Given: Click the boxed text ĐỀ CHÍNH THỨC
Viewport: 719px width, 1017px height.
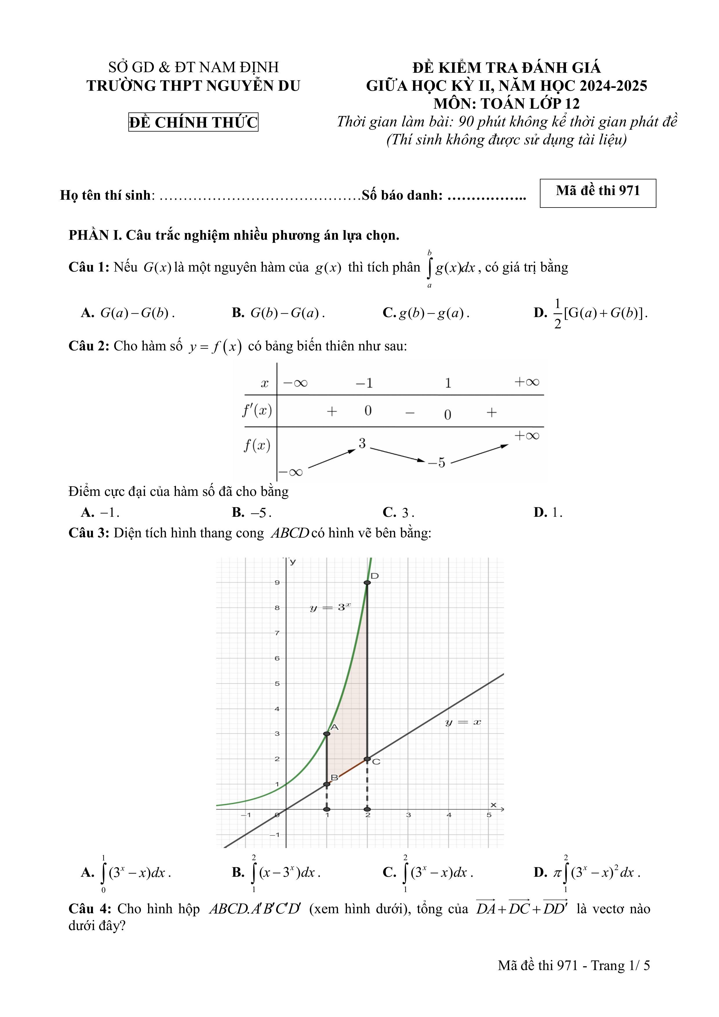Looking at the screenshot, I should coord(193,122).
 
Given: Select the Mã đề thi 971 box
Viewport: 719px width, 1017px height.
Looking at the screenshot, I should coord(598,193).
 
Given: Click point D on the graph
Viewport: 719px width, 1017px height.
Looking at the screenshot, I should coord(367,583).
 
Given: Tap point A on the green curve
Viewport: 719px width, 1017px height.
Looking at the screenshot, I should coord(327,734).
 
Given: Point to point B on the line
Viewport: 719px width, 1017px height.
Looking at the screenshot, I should coord(327,784).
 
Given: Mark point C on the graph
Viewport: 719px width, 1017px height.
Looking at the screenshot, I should coord(367,759).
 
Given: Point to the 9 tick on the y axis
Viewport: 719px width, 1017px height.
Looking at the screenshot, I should coord(277,583).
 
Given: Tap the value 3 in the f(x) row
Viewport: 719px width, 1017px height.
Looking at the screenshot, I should coord(362,443).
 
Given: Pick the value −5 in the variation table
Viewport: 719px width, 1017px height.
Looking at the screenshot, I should coord(437,463).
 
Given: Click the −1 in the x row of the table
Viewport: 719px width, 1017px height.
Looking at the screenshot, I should coord(364,383).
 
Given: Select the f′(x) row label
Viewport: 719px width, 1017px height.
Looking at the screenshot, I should coord(257,411).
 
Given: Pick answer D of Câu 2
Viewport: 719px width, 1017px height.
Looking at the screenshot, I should coord(547,512).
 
